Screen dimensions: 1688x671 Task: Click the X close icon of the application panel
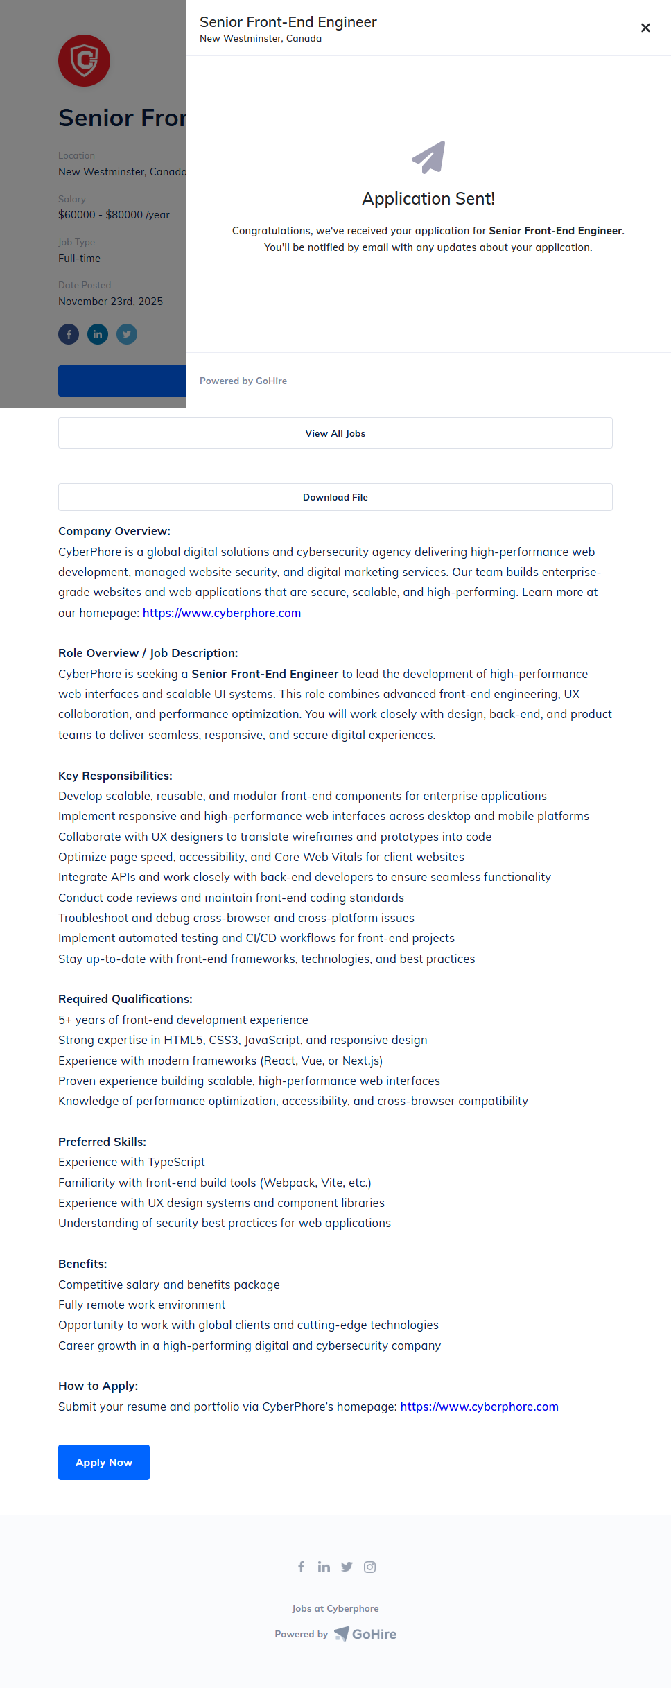(x=645, y=28)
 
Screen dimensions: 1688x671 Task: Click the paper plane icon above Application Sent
(x=428, y=157)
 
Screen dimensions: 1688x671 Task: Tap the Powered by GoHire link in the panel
(x=243, y=381)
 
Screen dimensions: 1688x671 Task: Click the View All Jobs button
(x=335, y=433)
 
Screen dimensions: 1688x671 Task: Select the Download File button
(x=335, y=497)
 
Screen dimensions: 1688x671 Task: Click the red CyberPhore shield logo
(x=84, y=61)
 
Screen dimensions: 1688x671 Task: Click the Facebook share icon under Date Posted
(x=69, y=334)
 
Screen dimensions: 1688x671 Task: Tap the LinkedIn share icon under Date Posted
(x=98, y=334)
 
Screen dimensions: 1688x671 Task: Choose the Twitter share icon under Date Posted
(x=127, y=334)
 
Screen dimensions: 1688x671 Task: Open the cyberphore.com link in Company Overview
(x=222, y=613)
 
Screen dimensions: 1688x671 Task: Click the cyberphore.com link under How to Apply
(x=479, y=1407)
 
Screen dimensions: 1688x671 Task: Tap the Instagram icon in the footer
(x=370, y=1567)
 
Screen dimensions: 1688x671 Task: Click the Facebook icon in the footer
(x=302, y=1567)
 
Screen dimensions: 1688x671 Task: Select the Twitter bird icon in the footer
(x=347, y=1567)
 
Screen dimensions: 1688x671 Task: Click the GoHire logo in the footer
(x=366, y=1634)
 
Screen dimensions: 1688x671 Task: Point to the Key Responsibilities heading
(x=115, y=776)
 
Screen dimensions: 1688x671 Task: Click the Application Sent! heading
(x=428, y=199)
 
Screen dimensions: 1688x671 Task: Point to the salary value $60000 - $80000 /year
(x=114, y=215)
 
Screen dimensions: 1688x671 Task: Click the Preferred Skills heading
(x=102, y=1142)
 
